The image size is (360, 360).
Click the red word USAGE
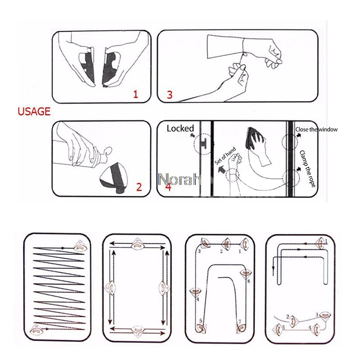click(34, 112)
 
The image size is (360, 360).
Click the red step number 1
click(135, 94)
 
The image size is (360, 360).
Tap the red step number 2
click(139, 187)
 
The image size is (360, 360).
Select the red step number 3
click(169, 94)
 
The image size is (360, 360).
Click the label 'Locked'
click(180, 129)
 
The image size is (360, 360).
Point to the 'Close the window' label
click(316, 130)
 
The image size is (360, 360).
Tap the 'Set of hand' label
click(225, 157)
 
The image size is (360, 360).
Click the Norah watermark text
click(179, 180)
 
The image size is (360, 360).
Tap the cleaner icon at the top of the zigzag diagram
click(79, 246)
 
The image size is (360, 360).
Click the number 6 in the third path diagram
click(248, 281)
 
